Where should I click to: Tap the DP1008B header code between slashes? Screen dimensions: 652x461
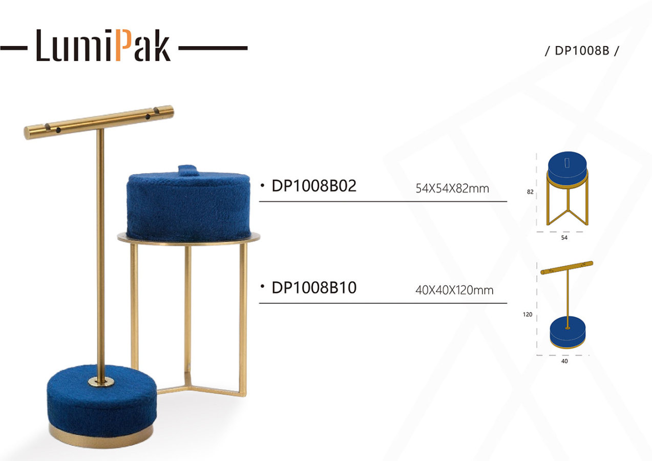click(582, 51)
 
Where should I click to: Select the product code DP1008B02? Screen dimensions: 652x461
click(314, 185)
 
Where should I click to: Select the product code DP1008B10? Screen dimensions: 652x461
click(314, 287)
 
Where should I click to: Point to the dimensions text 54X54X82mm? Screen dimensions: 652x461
click(452, 188)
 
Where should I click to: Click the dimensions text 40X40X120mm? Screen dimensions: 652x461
click(454, 290)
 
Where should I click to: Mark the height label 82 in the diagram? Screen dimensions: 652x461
click(530, 192)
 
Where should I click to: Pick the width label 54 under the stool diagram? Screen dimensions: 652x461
click(564, 238)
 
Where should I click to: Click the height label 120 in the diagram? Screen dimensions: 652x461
click(528, 315)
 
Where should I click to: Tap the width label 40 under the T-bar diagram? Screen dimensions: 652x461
click(564, 361)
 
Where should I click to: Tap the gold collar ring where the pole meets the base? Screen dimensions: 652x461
click(101, 382)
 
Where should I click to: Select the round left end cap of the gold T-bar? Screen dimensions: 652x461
click(29, 133)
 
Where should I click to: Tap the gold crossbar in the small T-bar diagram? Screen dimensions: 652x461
click(566, 268)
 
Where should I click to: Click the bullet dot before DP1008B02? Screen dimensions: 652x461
click(262, 185)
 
